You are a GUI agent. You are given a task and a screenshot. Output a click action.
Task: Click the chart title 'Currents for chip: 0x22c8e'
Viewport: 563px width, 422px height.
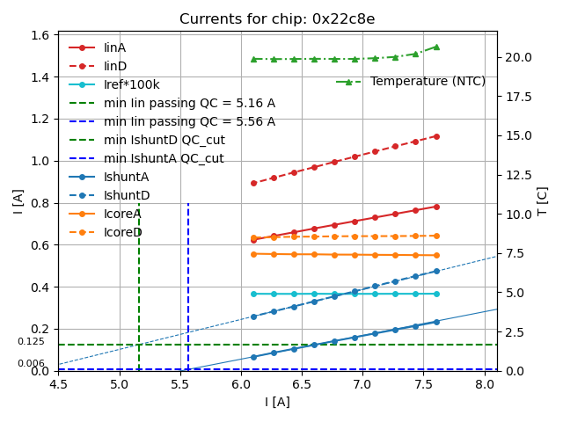[277, 19]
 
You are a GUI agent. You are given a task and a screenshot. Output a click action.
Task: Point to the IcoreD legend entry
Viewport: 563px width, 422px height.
[123, 232]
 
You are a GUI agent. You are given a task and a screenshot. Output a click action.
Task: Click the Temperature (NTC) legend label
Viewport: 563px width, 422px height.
[428, 82]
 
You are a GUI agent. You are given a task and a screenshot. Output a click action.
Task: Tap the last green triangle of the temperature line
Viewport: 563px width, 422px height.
[436, 47]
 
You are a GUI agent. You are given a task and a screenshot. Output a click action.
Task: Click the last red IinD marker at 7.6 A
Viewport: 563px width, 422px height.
[436, 136]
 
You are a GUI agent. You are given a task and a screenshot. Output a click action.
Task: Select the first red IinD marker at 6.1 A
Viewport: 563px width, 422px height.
[253, 183]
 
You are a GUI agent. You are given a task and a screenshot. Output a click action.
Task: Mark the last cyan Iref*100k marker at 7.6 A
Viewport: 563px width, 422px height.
[436, 294]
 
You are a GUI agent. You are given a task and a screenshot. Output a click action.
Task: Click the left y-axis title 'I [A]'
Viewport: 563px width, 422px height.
[18, 200]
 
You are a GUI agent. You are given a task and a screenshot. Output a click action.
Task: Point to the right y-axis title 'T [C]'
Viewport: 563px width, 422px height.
[543, 200]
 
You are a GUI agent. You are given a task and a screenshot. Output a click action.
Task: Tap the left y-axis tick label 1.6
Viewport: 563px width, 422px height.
[39, 35]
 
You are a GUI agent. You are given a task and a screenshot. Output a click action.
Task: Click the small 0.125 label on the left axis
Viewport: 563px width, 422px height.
[31, 341]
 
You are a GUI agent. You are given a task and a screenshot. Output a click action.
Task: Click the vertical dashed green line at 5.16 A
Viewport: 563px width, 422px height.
[139, 281]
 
